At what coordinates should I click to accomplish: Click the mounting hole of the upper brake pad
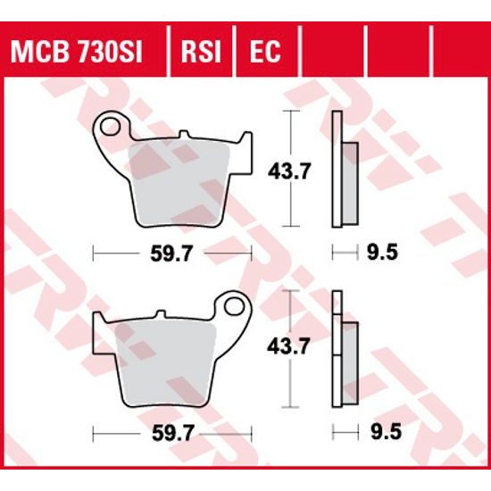pos(112,127)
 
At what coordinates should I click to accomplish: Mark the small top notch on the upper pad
pos(185,135)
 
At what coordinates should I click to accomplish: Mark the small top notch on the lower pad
pos(161,313)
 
